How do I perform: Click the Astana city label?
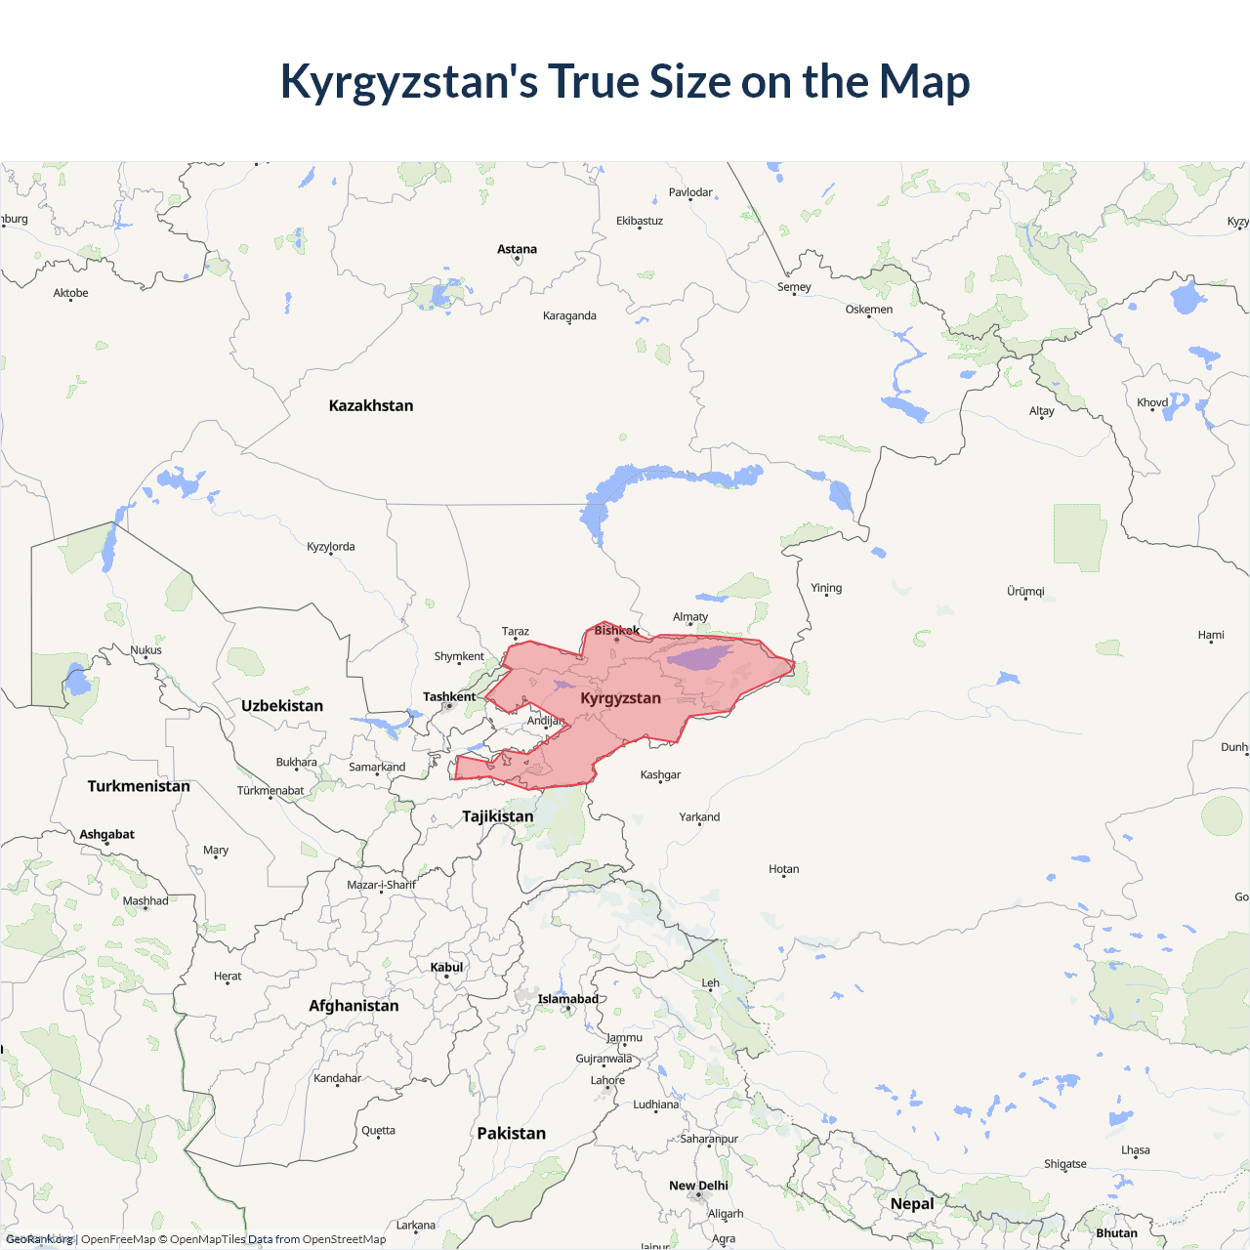pos(517,249)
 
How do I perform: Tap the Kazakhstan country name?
pos(371,405)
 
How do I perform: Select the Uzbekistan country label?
pos(282,705)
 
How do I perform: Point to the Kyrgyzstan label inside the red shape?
pos(620,698)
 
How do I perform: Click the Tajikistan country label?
pos(498,815)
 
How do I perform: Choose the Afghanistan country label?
pos(354,1005)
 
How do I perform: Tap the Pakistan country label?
pos(511,1133)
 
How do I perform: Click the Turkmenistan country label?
pos(139,785)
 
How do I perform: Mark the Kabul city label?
pos(446,967)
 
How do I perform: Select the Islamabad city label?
pos(567,999)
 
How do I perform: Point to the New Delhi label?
pos(698,1186)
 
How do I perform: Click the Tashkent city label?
pos(449,696)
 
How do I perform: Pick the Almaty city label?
pos(690,617)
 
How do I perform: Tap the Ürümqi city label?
pos(1025,591)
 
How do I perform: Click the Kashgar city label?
pos(660,774)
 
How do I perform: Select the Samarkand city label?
pos(377,767)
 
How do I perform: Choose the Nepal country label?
pos(912,1203)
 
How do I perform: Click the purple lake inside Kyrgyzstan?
pos(700,657)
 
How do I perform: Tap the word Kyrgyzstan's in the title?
pos(408,81)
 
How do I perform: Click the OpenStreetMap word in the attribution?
pos(344,1239)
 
